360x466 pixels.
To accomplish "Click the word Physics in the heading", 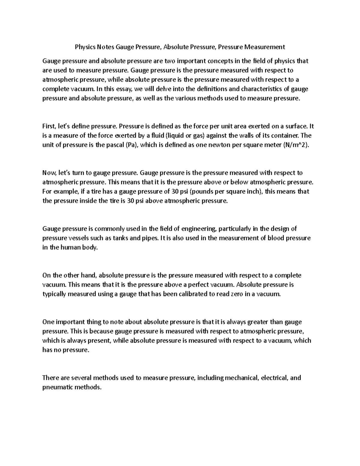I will pyautogui.click(x=84, y=47).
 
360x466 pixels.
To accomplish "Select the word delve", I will pyautogui.click(x=162, y=89).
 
